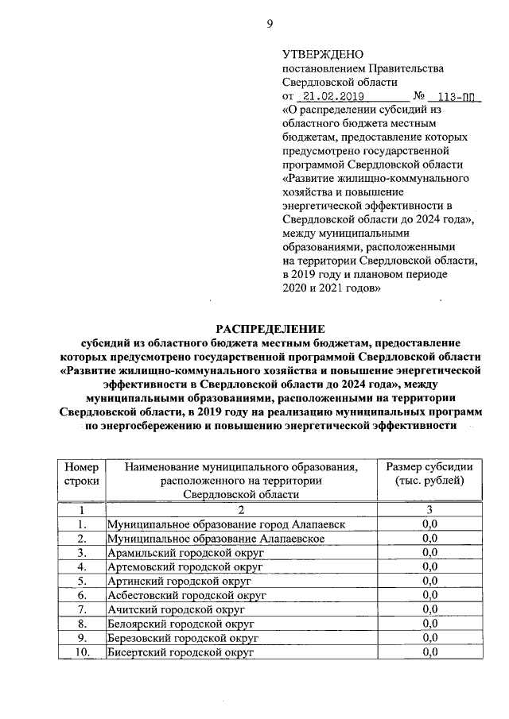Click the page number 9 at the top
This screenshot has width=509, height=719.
click(x=269, y=23)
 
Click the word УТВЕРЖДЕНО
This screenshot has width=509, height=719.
click(x=322, y=54)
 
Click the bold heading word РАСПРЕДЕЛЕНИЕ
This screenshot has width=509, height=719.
click(x=271, y=328)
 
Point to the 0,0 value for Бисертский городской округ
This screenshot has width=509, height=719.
click(x=430, y=652)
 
